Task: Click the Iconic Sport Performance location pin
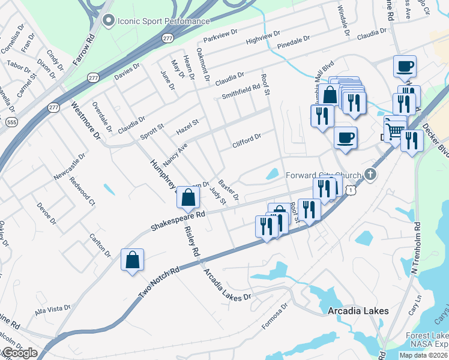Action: pos(109,22)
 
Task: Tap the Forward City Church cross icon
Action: pos(370,175)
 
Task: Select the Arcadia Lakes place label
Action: pos(358,311)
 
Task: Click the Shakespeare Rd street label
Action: pos(178,220)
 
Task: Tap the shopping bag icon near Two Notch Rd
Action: pos(132,260)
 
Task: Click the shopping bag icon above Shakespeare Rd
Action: pos(188,196)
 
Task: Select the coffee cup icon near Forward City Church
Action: pos(345,137)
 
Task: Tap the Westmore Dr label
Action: pos(84,120)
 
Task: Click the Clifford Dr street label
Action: pos(247,141)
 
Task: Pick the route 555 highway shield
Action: pos(11,122)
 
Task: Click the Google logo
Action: pos(20,353)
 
